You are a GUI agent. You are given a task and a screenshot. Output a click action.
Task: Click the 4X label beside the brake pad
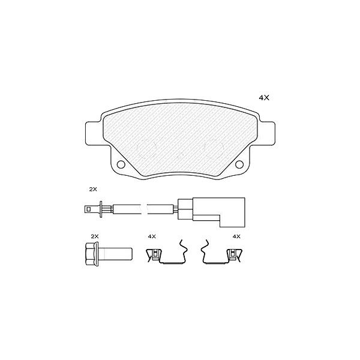pos(264,98)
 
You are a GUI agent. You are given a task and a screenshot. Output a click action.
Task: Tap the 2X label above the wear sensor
pos(93,190)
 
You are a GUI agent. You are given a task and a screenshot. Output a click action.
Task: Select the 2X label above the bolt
pos(95,236)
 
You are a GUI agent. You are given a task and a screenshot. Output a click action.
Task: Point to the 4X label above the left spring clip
pos(152,236)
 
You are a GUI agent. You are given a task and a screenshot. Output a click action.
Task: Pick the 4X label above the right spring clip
pos(236,236)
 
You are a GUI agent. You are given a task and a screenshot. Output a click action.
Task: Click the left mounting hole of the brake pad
pos(121,164)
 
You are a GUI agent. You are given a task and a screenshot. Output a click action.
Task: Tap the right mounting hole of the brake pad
pos(239,164)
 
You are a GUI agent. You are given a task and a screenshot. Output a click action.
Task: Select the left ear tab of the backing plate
pos(94,133)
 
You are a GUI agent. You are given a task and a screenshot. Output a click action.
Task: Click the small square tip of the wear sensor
pos(88,209)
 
